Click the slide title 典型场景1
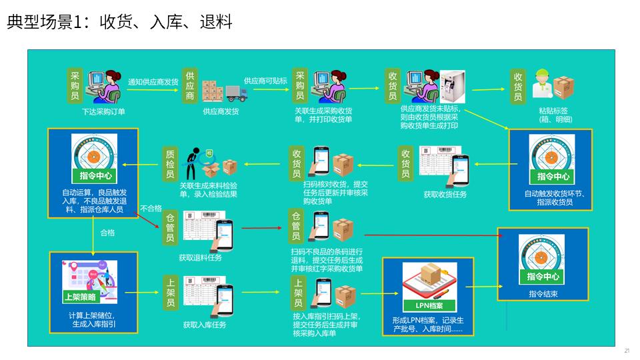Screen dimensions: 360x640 pos(120,23)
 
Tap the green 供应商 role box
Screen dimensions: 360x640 pos(190,85)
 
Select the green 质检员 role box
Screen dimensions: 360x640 pos(171,164)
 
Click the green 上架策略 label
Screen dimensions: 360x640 pos(79,297)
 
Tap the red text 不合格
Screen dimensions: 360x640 pos(151,209)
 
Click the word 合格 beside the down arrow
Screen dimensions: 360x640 pos(107,233)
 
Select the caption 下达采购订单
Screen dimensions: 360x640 pos(103,111)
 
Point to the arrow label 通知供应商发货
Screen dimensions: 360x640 pos(153,82)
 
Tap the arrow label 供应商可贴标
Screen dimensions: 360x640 pos(265,81)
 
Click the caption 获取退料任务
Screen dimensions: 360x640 pos(200,257)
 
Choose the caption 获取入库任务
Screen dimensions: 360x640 pos(205,325)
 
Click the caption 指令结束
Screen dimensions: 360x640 pos(543,293)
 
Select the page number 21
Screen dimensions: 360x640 pos(627,351)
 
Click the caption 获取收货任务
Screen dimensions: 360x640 pos(445,195)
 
